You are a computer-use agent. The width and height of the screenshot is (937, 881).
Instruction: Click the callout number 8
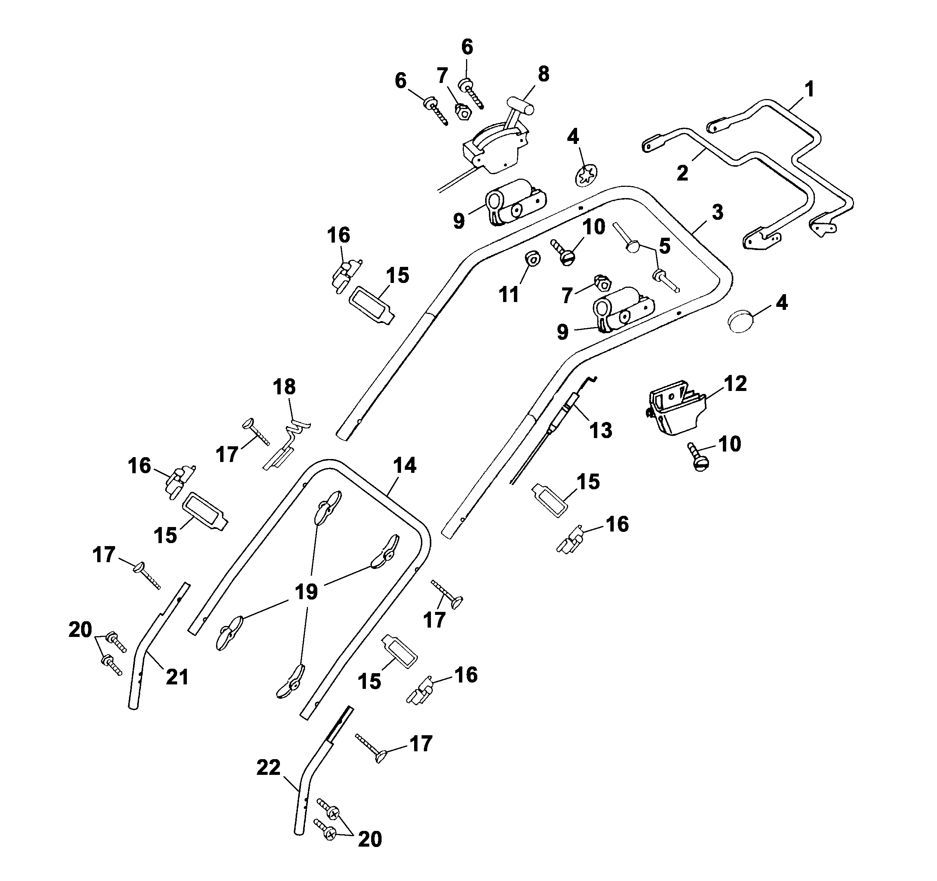pos(543,74)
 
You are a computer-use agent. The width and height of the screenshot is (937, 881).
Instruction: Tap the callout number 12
pos(735,384)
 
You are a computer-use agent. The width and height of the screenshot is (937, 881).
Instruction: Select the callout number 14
pos(404,465)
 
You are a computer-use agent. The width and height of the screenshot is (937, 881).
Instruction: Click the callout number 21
pos(177,677)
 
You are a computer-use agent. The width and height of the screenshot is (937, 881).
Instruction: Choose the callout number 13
pos(601,430)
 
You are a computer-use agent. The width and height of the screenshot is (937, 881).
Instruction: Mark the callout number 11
pos(509,295)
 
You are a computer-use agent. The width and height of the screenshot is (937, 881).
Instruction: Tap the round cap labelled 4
pos(742,323)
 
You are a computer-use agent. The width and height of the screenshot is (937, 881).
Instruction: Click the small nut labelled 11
pos(533,258)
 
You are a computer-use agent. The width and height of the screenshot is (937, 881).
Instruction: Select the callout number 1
pos(809,89)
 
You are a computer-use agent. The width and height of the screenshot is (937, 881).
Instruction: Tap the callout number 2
pos(682,173)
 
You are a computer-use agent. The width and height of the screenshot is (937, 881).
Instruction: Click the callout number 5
pos(665,246)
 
